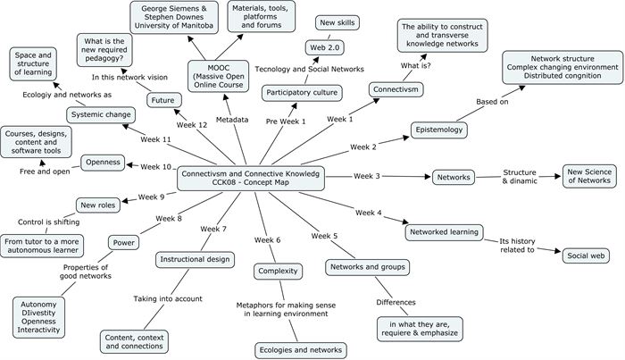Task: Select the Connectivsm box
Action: (397, 90)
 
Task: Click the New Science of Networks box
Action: (588, 176)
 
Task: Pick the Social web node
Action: (587, 256)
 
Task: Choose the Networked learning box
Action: (444, 232)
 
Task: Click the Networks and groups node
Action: (368, 267)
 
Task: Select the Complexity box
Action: (276, 272)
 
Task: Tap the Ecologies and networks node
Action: (300, 350)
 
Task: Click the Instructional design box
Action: (196, 260)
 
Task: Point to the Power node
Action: (122, 241)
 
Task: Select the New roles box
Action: (98, 205)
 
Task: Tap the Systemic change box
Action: (101, 114)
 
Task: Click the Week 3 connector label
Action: (367, 177)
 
